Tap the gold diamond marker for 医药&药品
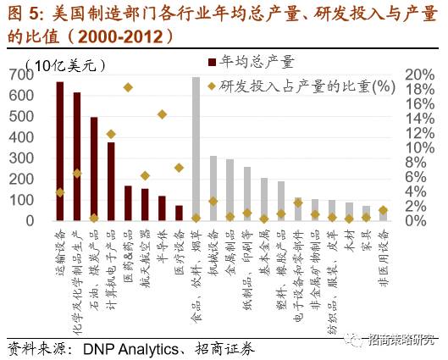(128, 87)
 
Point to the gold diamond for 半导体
(162, 114)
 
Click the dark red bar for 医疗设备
(179, 213)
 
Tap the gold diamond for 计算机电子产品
(111, 134)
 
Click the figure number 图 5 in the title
(23, 13)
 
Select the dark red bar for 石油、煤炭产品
(93, 169)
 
